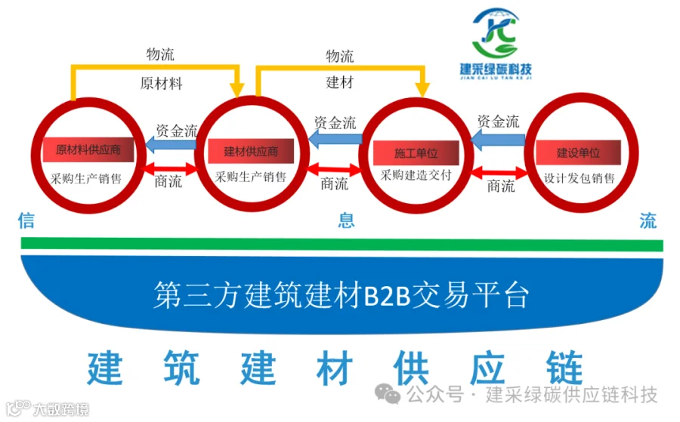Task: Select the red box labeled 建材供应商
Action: coord(251,151)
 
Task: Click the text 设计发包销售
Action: coord(579,179)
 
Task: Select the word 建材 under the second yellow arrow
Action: coord(340,82)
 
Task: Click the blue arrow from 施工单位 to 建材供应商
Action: coord(335,138)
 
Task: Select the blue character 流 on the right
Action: coord(648,220)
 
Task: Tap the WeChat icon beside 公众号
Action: coord(390,394)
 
